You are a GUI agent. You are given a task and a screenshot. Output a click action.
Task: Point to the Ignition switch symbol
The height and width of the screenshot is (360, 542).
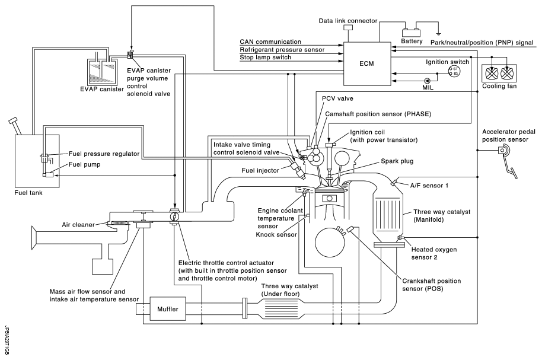tap(455, 71)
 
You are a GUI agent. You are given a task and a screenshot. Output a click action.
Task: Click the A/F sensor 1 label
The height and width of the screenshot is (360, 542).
tap(425, 185)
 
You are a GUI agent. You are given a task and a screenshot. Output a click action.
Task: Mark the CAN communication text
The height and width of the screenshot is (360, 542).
tap(270, 42)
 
